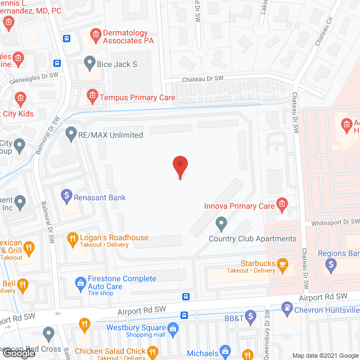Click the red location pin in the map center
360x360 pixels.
pyautogui.click(x=179, y=165)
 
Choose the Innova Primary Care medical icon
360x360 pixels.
pyautogui.click(x=282, y=204)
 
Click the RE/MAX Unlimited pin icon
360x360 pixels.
pyautogui.click(x=71, y=134)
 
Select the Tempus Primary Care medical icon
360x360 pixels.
pyautogui.click(x=91, y=97)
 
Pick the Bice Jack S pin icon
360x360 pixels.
pyautogui.click(x=89, y=62)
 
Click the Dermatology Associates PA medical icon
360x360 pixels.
pyautogui.click(x=96, y=35)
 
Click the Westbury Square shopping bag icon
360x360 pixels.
pyautogui.click(x=173, y=327)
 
